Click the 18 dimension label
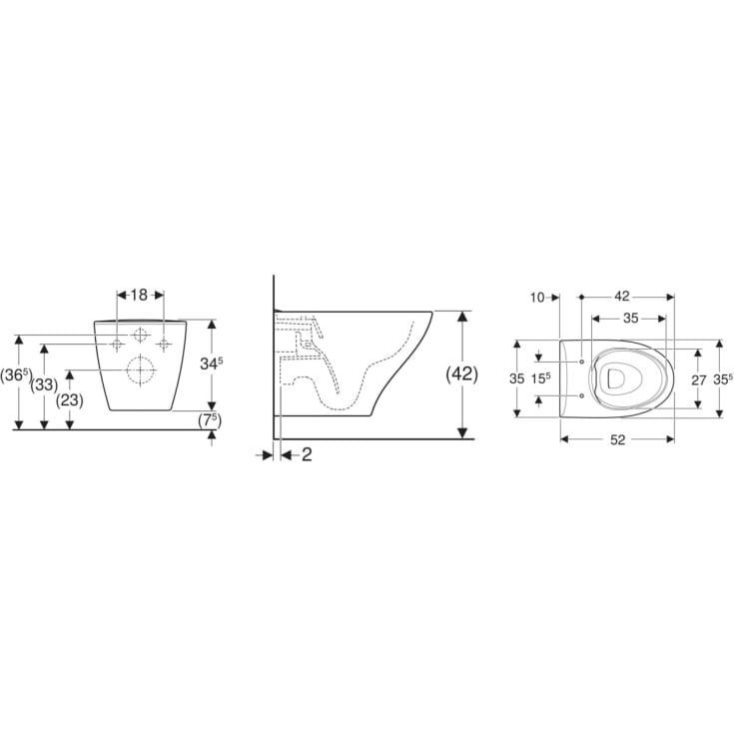pos(139,295)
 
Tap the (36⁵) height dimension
pos(15,375)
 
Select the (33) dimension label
pos(44,385)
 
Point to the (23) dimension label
pos(69,400)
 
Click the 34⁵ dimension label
pos(212,363)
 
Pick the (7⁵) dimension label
pos(210,420)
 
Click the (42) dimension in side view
pos(462,374)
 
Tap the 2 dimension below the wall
pos(307,454)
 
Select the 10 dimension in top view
pos(538,298)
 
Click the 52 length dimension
pos(618,440)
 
